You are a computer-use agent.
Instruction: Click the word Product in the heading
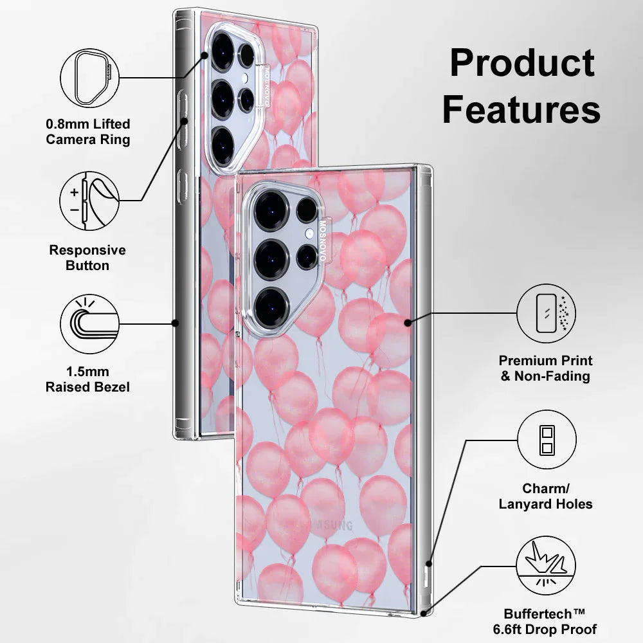[521, 63]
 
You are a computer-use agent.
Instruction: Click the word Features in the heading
[521, 109]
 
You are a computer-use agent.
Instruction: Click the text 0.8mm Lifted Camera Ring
[88, 131]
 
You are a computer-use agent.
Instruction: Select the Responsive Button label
[88, 257]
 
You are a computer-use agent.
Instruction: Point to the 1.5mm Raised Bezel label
[88, 379]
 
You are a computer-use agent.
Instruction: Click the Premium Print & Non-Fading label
[546, 368]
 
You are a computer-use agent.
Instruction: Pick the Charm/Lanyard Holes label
[546, 496]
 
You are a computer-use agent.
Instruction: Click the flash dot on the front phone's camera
[309, 233]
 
